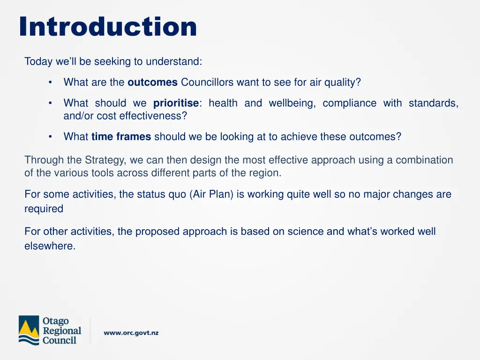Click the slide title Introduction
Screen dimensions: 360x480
[x=108, y=27]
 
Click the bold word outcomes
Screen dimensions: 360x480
[x=152, y=82]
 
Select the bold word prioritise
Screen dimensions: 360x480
[x=176, y=103]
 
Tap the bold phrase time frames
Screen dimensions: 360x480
[x=121, y=137]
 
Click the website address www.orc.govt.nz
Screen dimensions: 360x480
[x=131, y=333]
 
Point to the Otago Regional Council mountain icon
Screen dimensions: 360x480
[x=29, y=330]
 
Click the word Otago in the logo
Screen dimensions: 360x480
[x=55, y=321]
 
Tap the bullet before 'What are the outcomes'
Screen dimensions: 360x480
[x=50, y=82]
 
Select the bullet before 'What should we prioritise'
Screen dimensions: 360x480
[x=50, y=103]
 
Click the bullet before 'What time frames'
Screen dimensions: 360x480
[x=50, y=137]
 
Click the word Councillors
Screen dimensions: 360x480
[x=207, y=82]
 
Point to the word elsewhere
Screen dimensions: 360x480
[x=50, y=246]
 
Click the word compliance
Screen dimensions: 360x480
[x=349, y=103]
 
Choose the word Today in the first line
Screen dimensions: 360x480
[x=37, y=61]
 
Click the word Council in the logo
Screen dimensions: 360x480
[x=59, y=340]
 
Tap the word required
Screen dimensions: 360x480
[x=44, y=209]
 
